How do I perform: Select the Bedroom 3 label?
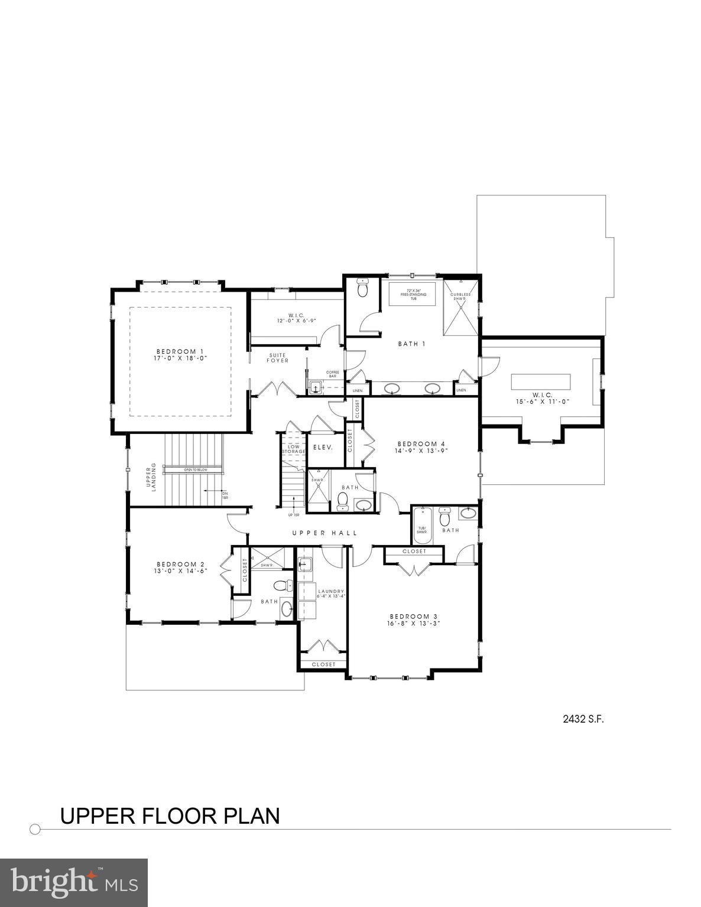413,615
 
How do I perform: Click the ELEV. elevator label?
323,448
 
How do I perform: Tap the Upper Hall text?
324,533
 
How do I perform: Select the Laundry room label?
330,591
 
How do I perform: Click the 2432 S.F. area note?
583,719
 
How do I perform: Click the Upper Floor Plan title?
170,816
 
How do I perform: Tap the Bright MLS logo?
74,883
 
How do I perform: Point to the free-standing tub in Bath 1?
413,293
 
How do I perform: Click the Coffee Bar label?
333,374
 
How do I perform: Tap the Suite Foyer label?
278,358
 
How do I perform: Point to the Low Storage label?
293,449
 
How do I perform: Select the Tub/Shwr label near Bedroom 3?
422,530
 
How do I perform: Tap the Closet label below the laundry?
323,664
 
